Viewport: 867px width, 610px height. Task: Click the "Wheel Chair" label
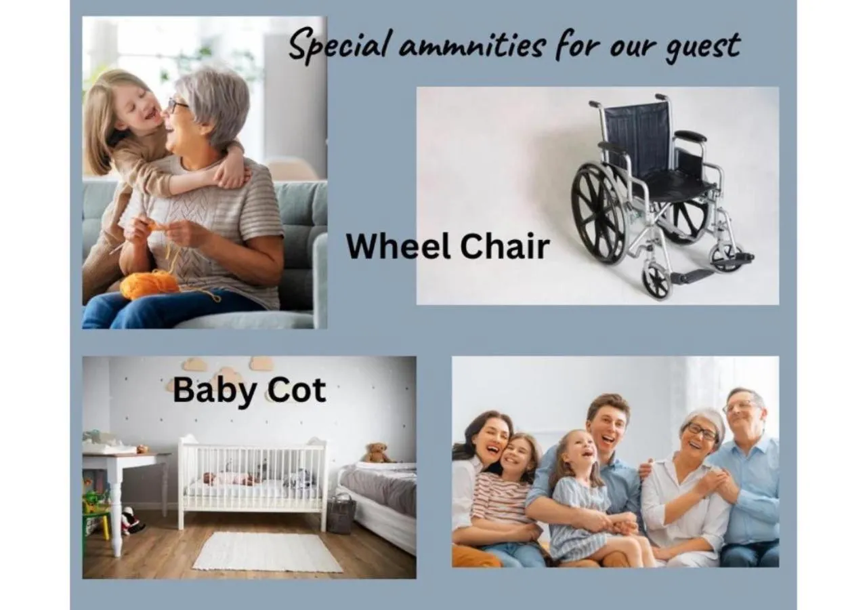coord(448,245)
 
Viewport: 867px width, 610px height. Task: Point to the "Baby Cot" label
coord(249,390)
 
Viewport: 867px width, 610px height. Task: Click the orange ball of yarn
coord(149,285)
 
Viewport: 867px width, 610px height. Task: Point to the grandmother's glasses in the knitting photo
coord(177,105)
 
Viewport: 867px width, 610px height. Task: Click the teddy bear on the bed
coord(377,453)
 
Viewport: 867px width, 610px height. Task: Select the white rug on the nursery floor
coord(267,551)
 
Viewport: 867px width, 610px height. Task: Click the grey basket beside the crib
coord(341,513)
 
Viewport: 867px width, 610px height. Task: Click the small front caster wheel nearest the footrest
coord(656,279)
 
